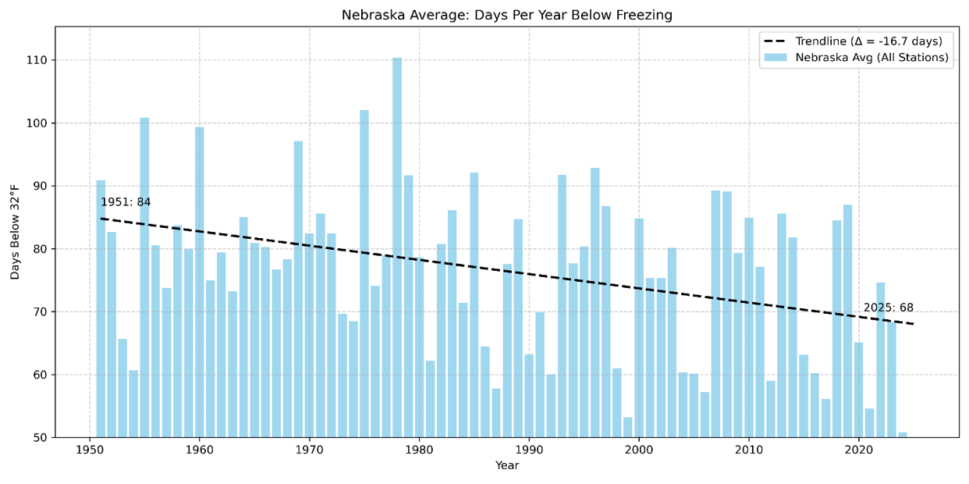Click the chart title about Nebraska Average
(x=506, y=15)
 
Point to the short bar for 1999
(x=628, y=427)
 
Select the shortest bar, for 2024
(x=903, y=435)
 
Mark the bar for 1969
(x=298, y=289)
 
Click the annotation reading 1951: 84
(x=126, y=202)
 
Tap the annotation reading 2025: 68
(x=888, y=308)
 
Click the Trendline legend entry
(x=868, y=41)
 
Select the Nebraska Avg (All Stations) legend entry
(x=871, y=57)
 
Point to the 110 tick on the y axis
(x=38, y=60)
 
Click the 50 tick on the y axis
(x=41, y=438)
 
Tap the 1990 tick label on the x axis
(x=529, y=450)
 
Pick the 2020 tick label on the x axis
(x=859, y=450)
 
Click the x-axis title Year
(x=506, y=466)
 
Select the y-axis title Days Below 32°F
(x=16, y=232)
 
